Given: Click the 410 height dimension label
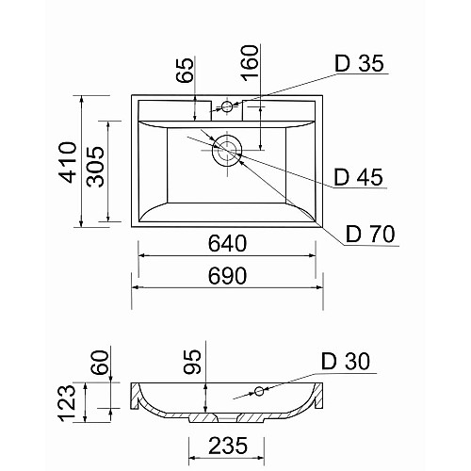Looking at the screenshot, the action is [x=68, y=162].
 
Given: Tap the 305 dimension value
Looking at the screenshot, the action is [x=95, y=167].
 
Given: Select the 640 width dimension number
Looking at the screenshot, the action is [x=228, y=243].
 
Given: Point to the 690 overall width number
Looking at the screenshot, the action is [x=228, y=275].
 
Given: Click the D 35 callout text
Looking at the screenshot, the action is [x=360, y=63].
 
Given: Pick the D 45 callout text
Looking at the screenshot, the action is [x=358, y=177].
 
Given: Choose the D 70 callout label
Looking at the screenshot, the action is [x=370, y=234].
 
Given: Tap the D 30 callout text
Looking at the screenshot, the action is [x=346, y=361].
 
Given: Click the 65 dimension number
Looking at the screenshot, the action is [x=185, y=70].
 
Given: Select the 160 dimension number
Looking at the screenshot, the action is [x=250, y=63].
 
